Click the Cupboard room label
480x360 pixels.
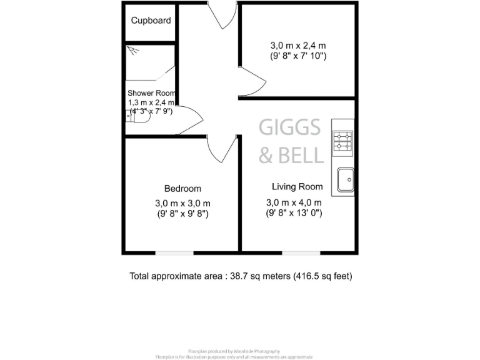(151, 20)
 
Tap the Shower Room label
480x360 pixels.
(151, 92)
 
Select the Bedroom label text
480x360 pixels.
(182, 188)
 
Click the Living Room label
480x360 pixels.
(297, 186)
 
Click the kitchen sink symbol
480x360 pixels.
(345, 180)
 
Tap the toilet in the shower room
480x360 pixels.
(137, 116)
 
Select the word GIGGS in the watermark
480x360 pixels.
(290, 128)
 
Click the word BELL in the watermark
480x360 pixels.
(301, 154)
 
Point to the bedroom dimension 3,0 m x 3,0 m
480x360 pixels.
(182, 203)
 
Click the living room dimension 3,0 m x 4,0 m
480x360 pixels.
(294, 202)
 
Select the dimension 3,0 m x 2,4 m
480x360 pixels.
(298, 45)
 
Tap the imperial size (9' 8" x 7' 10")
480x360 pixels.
(298, 56)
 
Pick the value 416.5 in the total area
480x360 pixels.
(308, 276)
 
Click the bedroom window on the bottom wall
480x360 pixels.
(174, 253)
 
